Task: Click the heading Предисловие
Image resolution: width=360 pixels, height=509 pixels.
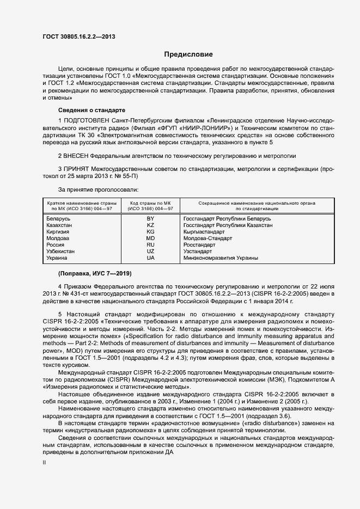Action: tap(188, 54)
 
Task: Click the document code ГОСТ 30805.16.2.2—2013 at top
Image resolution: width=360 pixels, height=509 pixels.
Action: tap(78, 36)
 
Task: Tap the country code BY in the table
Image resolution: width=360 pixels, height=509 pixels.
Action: tap(150, 218)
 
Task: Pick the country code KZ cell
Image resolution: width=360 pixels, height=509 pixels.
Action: tap(150, 225)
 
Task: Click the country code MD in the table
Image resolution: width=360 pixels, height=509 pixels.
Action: tap(150, 238)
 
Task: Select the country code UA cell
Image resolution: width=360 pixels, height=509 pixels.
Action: tap(150, 258)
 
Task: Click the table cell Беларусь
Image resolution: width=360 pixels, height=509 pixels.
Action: tap(59, 218)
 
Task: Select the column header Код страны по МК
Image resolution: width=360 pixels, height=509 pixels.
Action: tap(150, 205)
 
